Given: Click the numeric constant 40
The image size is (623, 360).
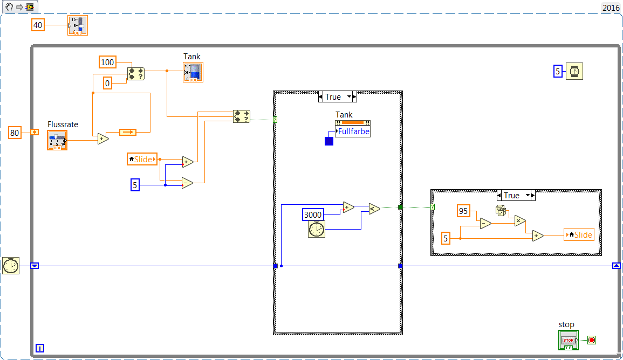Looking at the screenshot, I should click(x=38, y=25).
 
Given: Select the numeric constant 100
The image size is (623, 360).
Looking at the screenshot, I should click(x=108, y=62).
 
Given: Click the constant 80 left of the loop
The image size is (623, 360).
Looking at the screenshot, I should click(x=15, y=132).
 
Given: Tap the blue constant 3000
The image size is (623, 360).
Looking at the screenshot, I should click(x=313, y=214).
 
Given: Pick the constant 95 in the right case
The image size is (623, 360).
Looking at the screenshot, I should click(x=463, y=211).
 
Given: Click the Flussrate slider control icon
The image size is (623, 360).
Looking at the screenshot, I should click(x=57, y=140).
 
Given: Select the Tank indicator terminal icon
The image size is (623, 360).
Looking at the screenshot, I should click(x=193, y=72).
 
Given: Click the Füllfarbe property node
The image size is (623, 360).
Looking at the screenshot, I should click(x=353, y=130).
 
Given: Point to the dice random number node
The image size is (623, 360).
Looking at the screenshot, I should click(x=501, y=211).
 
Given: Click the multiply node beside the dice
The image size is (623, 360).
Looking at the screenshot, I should click(x=519, y=220).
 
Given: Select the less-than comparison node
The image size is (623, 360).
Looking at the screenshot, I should click(x=374, y=209).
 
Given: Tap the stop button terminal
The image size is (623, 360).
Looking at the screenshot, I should click(x=569, y=340).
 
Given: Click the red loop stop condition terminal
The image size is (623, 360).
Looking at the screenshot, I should click(x=592, y=340).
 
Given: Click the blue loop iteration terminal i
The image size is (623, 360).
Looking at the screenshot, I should click(x=40, y=348).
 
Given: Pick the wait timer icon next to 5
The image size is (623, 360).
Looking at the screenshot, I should click(x=574, y=71).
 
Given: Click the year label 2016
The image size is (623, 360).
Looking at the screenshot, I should click(x=611, y=8).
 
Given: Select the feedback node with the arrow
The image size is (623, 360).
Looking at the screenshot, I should click(x=128, y=132).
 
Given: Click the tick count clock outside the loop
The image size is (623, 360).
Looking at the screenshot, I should click(x=11, y=266).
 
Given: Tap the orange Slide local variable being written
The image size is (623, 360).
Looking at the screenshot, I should click(x=579, y=234).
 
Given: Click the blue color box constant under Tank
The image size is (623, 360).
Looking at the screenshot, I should click(x=329, y=141).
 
